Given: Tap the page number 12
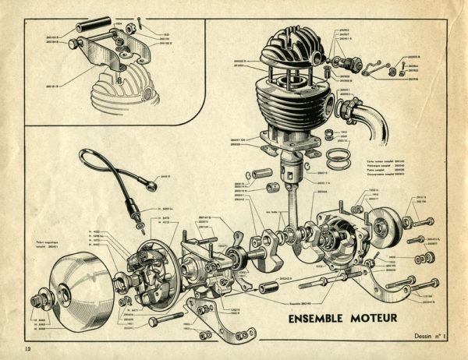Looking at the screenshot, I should pos(29,345).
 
